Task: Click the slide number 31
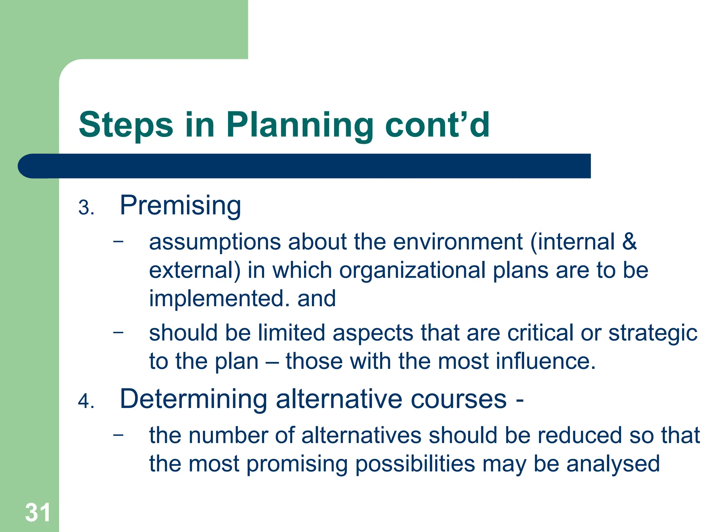tap(37, 512)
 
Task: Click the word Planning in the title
tap(300, 125)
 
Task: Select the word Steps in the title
tap(126, 125)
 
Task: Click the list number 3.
tap(86, 208)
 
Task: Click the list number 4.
tap(86, 402)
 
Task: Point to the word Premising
tap(180, 206)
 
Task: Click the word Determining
tap(193, 399)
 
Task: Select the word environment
tap(458, 241)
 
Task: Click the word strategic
tap(653, 334)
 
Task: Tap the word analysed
tap(613, 464)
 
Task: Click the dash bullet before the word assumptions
tap(118, 241)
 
